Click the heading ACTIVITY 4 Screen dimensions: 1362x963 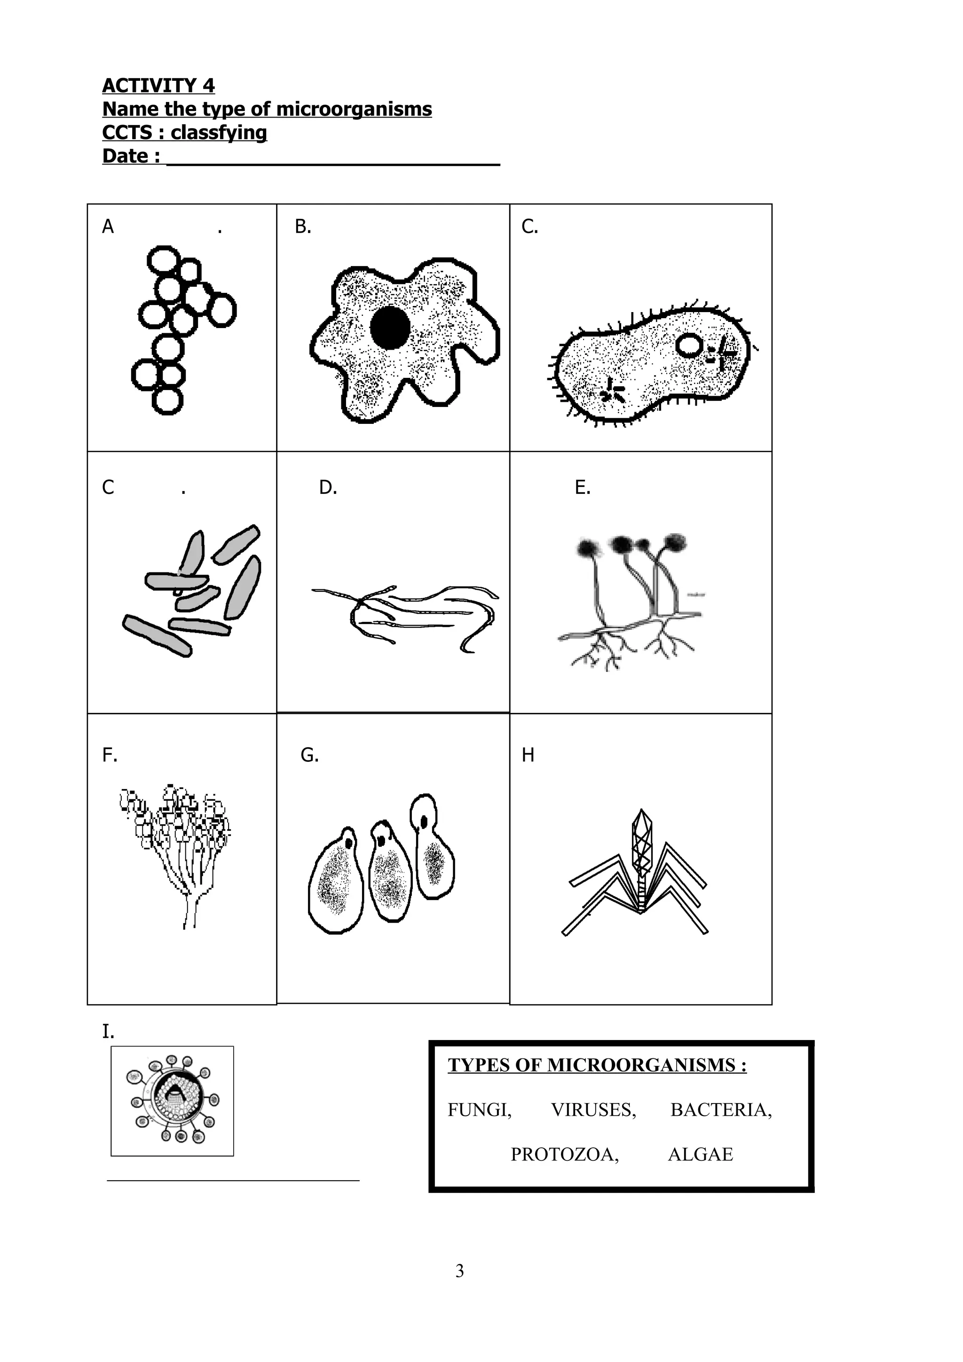pyautogui.click(x=158, y=86)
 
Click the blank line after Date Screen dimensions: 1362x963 pyautogui.click(x=333, y=159)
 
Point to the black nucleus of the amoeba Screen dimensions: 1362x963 pyautogui.click(x=390, y=327)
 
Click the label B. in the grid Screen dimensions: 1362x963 pyautogui.click(x=303, y=227)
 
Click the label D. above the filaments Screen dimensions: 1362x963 pyautogui.click(x=328, y=488)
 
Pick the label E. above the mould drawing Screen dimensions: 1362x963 pyautogui.click(x=582, y=488)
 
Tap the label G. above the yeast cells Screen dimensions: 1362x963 pyautogui.click(x=309, y=755)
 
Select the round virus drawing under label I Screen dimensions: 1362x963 pyautogui.click(x=172, y=1101)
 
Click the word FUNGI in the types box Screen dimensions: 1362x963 pyautogui.click(x=479, y=1110)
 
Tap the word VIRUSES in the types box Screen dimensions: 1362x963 pyautogui.click(x=593, y=1110)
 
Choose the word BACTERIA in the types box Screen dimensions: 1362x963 pyautogui.click(x=720, y=1110)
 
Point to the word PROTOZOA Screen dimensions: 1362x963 pyautogui.click(x=564, y=1154)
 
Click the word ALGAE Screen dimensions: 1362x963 pyautogui.click(x=700, y=1154)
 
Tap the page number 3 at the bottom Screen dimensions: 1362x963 pyautogui.click(x=459, y=1271)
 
